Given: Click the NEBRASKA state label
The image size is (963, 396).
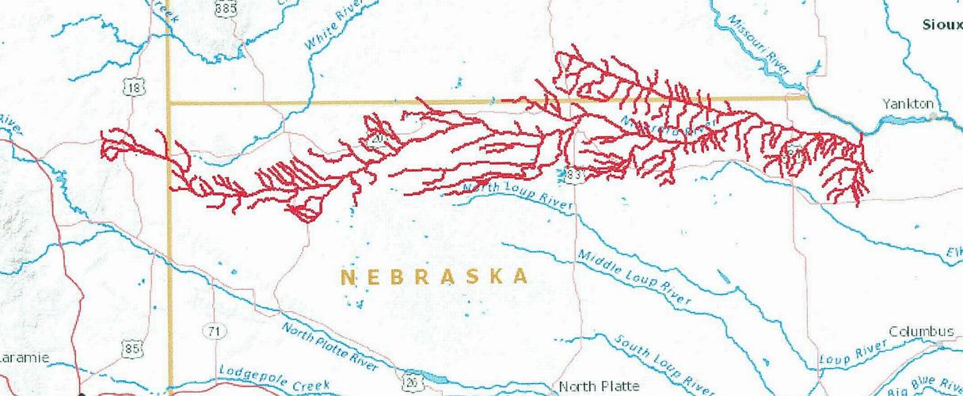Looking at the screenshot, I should tap(434, 276).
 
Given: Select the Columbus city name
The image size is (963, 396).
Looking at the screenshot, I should tap(921, 330).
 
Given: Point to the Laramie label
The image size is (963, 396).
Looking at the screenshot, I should tap(24, 358).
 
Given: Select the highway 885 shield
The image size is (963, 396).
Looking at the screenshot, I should tap(226, 7).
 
